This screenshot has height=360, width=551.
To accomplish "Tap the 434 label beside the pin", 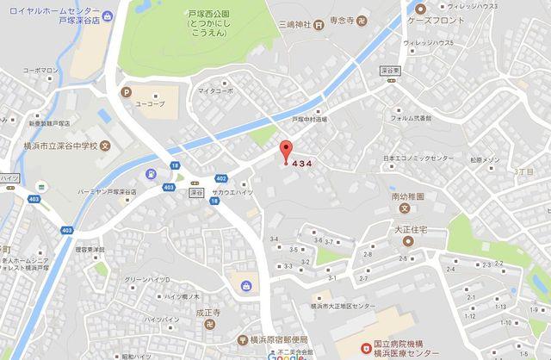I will pos(302,163).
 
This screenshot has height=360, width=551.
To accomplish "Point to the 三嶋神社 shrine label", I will pos(306,24).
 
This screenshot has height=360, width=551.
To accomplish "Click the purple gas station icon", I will pos(152,173).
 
